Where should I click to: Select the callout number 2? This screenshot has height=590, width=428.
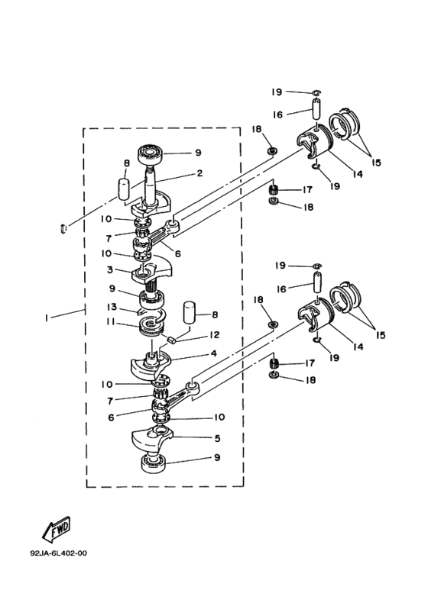(199, 173)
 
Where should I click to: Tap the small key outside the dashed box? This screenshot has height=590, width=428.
(63, 227)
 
